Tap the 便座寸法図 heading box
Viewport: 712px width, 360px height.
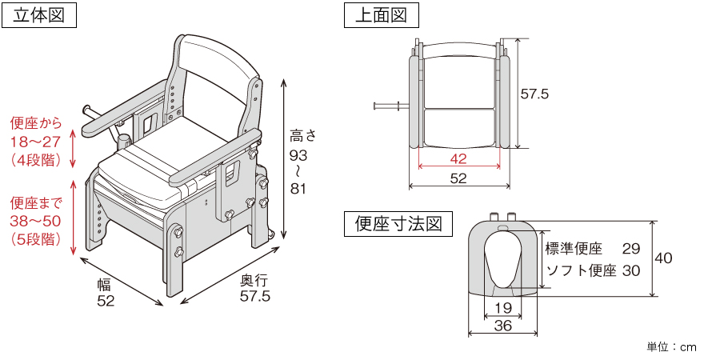pyautogui.click(x=398, y=223)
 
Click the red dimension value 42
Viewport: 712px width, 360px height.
pyautogui.click(x=458, y=159)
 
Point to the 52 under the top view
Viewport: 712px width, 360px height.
pyautogui.click(x=458, y=179)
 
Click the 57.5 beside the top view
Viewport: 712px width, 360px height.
pyautogui.click(x=534, y=94)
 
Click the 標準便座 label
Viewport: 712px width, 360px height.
pyautogui.click(x=574, y=249)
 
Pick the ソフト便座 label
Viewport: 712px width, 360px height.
pyautogui.click(x=580, y=270)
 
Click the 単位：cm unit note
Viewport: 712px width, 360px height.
pyautogui.click(x=671, y=347)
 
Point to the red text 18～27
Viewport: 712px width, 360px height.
pyautogui.click(x=34, y=142)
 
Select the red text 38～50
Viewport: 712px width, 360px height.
pyautogui.click(x=34, y=220)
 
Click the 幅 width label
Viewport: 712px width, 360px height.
pyautogui.click(x=105, y=284)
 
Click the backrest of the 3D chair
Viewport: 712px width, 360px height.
pyautogui.click(x=212, y=72)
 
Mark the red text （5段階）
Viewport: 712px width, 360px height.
pyautogui.click(x=36, y=238)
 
